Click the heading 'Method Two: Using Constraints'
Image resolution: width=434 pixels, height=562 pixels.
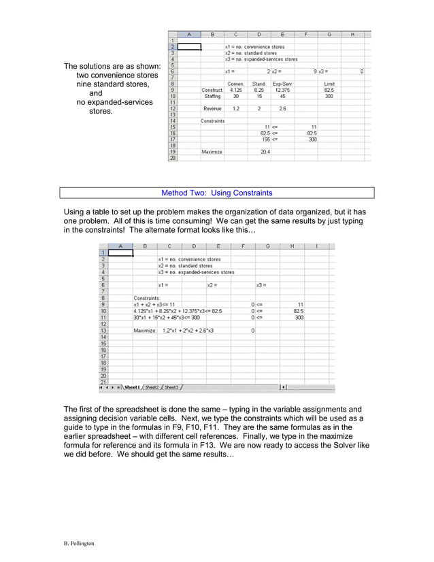tap(216, 193)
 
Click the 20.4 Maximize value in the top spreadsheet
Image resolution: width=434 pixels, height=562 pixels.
tap(265, 152)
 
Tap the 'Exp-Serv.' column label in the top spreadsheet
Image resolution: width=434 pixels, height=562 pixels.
tap(282, 84)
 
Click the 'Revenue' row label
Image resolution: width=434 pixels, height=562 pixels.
tap(212, 108)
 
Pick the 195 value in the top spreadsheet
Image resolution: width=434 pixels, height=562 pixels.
tap(266, 139)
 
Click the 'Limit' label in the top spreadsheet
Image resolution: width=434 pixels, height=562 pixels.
tap(329, 84)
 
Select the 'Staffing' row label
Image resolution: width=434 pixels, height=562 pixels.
tap(212, 96)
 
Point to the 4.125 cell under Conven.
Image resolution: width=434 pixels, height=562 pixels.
tap(236, 90)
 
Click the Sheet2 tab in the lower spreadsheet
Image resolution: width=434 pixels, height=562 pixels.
tap(152, 387)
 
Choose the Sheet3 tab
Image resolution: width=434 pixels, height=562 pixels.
tap(171, 387)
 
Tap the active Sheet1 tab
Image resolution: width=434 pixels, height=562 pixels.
tap(131, 387)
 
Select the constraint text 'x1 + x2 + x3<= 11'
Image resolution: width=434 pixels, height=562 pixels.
tap(154, 304)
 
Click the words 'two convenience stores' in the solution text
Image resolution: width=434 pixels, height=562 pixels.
tap(117, 76)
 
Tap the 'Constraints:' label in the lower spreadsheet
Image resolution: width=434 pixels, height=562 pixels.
tap(147, 297)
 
